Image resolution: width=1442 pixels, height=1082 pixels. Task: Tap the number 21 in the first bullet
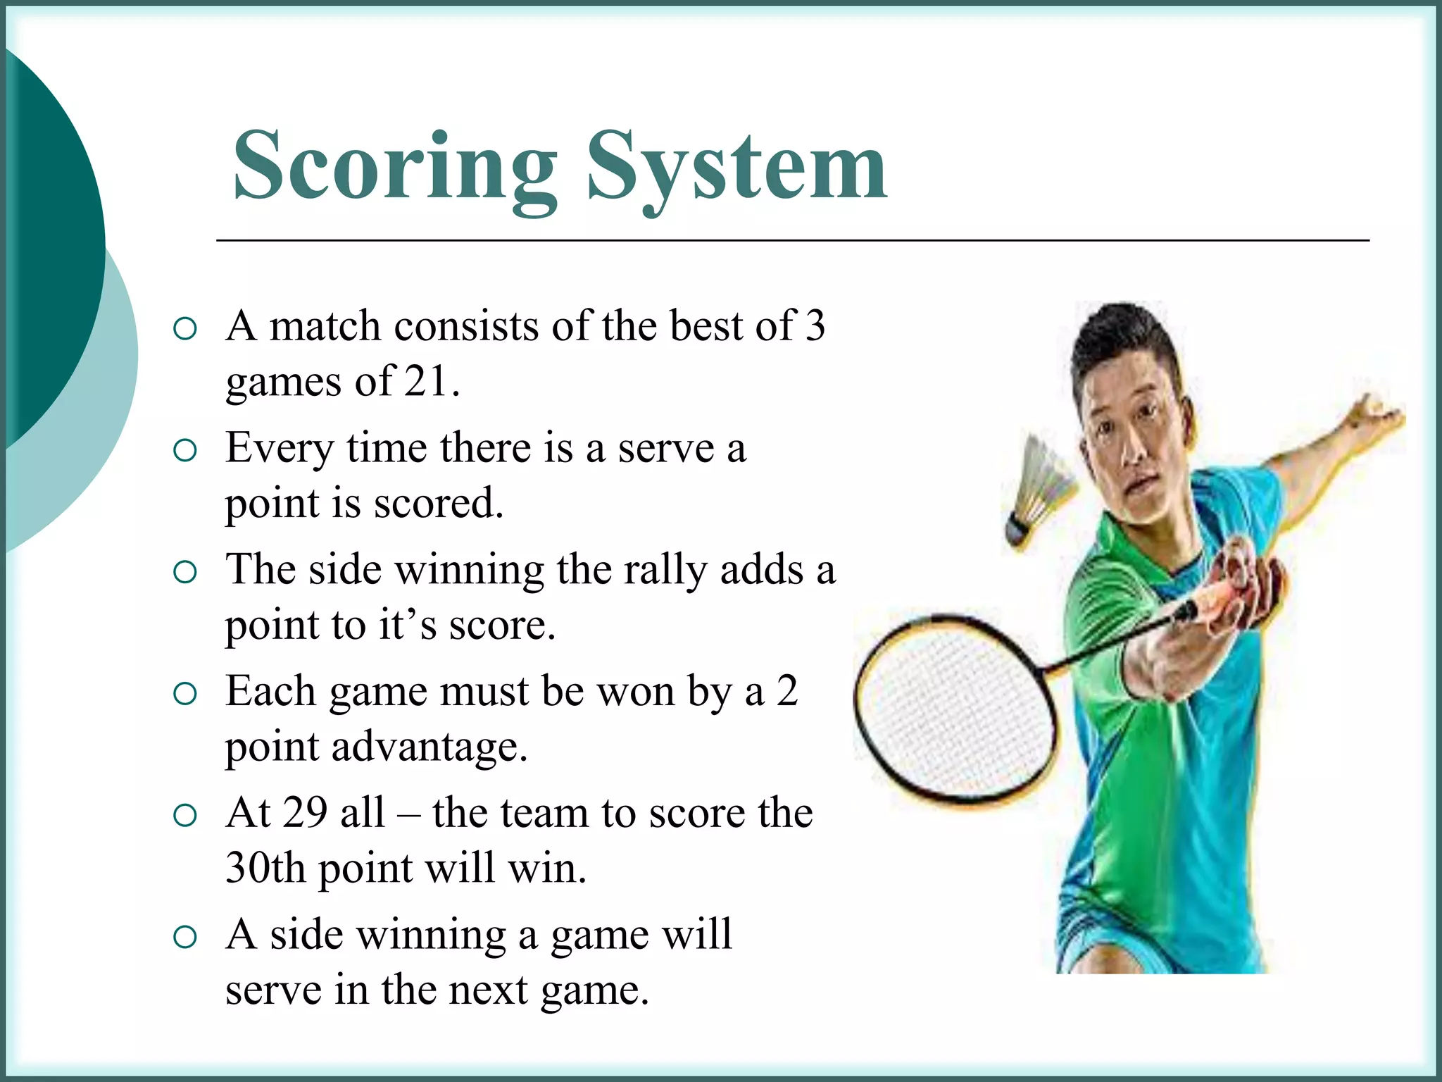tap(426, 383)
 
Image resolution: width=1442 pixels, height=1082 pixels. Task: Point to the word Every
tap(280, 449)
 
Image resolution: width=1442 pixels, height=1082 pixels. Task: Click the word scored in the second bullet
tap(438, 504)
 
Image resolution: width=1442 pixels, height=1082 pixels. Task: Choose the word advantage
tap(430, 747)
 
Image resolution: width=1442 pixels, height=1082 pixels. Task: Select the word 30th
tap(265, 869)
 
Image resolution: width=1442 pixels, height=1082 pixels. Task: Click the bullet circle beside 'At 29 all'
tap(184, 816)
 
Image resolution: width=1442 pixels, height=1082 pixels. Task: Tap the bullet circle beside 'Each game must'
tap(184, 694)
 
